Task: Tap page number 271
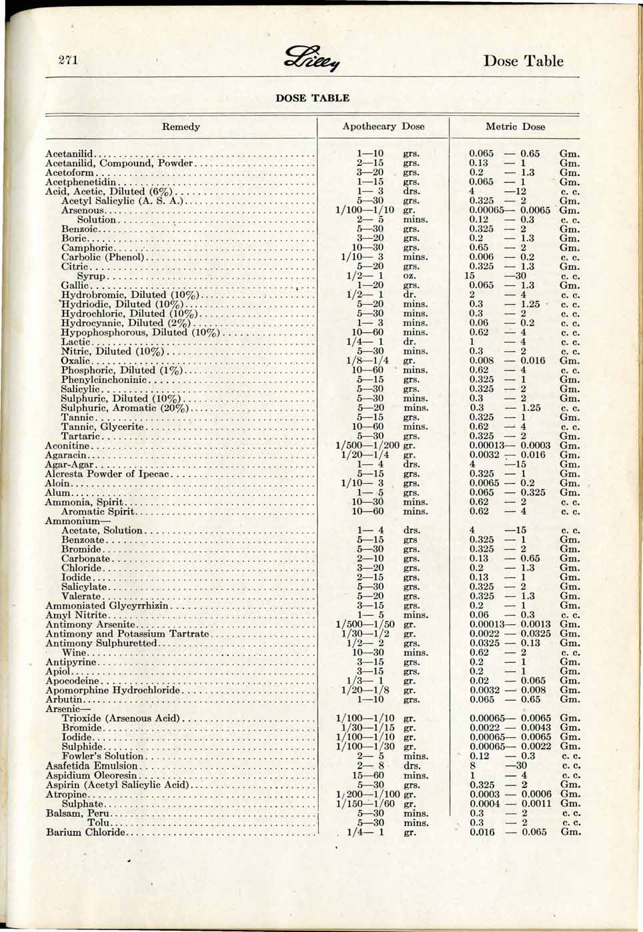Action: point(68,60)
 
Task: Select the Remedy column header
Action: point(181,126)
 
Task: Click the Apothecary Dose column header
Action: point(383,126)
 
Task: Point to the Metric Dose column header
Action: point(515,126)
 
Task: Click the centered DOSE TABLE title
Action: point(312,98)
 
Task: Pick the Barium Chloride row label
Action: point(85,832)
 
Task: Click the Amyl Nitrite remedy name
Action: point(75,615)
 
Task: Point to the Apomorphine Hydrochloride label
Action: point(113,691)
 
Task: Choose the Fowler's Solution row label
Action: point(102,756)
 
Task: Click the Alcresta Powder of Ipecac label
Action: point(109,474)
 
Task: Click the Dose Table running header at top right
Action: point(523,61)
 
